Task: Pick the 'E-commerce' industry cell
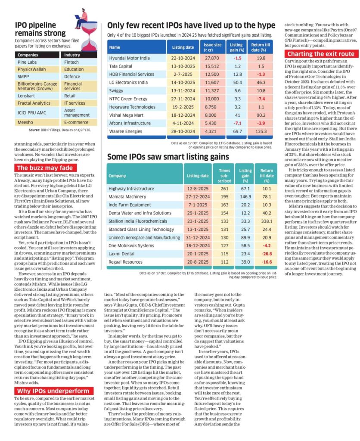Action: point(76,123)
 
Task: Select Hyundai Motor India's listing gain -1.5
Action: point(236,58)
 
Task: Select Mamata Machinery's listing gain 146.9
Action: point(245,196)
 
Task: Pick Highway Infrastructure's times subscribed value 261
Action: point(224,188)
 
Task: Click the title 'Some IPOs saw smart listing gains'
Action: point(168,157)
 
